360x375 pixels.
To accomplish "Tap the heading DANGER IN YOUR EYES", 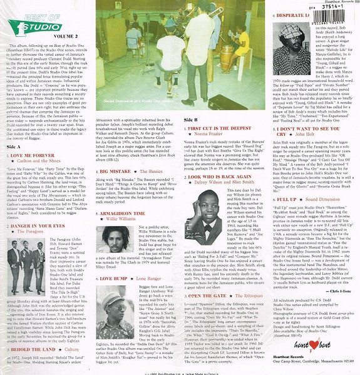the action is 38,225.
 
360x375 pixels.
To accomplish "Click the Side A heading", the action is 14,146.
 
